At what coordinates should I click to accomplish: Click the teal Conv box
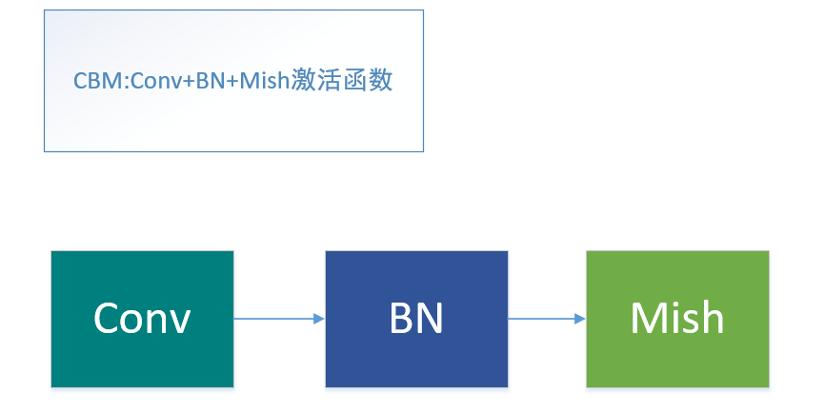click(142, 319)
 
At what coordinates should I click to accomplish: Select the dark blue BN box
click(416, 319)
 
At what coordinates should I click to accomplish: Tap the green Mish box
click(677, 319)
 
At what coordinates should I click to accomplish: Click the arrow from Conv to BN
click(276, 319)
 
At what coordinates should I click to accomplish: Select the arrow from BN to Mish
click(545, 319)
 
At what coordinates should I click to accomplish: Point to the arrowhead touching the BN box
click(319, 319)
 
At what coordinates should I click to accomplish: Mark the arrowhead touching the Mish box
click(580, 319)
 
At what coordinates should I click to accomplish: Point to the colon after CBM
click(114, 83)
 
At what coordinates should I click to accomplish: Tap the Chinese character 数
click(380, 81)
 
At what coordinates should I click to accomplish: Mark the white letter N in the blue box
click(430, 319)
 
